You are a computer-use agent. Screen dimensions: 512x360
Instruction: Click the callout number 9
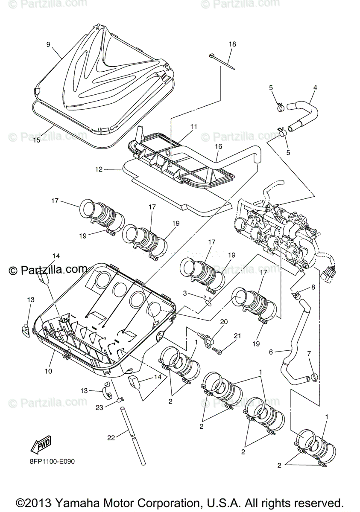click(x=48, y=44)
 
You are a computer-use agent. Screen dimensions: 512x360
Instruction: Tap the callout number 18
click(x=232, y=44)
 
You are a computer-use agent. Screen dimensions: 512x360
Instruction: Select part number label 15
click(x=37, y=140)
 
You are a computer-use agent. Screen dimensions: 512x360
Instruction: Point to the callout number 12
click(x=99, y=169)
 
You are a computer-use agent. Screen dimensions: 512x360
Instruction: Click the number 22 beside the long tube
click(x=111, y=437)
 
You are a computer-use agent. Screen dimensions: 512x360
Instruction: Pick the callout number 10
click(x=48, y=371)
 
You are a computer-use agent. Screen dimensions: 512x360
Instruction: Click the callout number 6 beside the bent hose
click(x=270, y=352)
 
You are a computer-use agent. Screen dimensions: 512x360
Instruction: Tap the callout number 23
click(x=99, y=407)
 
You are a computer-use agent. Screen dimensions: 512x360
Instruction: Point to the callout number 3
click(x=185, y=293)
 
